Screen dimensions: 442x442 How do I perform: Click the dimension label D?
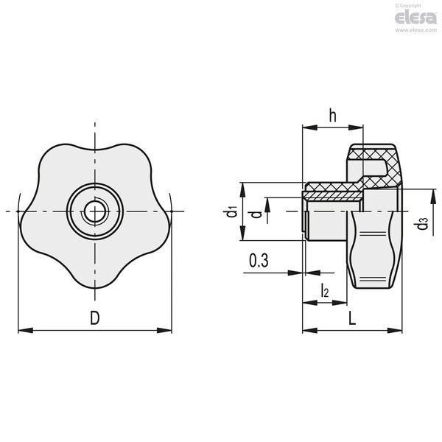coord(95,318)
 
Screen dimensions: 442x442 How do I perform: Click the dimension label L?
coord(352,318)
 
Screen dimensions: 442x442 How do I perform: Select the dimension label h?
coord(333,115)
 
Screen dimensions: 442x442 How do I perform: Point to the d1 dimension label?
coord(231,211)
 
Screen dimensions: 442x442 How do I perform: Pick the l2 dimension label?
coord(325,290)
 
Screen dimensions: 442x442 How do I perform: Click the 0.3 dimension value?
coord(259,260)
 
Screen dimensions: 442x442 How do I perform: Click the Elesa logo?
coord(415,18)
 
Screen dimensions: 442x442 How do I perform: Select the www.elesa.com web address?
coord(415,30)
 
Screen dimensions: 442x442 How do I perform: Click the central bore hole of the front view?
coord(95,211)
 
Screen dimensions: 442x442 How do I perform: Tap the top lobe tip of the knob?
coord(95,150)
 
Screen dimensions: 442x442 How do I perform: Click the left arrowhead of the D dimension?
coord(25,330)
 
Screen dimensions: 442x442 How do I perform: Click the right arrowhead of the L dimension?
coord(395,330)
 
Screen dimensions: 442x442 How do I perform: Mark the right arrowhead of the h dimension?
coord(356,127)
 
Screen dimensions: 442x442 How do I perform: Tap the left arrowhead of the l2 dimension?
coord(310,303)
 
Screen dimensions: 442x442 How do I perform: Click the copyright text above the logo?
coord(408,6)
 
